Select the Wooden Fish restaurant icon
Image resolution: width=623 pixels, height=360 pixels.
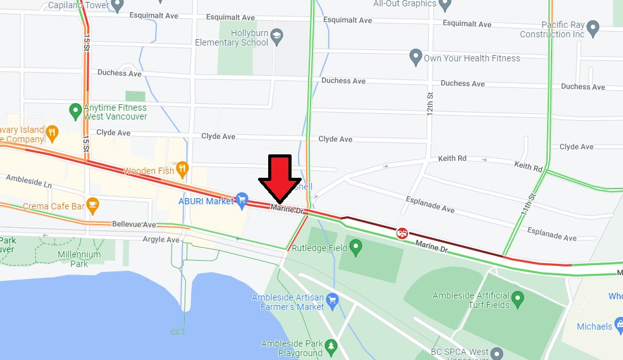[x=182, y=168]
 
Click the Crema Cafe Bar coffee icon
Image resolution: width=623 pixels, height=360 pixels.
[x=93, y=205]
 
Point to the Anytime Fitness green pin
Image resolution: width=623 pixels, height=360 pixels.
[x=75, y=111]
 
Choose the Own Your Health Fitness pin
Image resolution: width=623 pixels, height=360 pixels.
[x=416, y=58]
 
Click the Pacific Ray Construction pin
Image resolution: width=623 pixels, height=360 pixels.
[x=593, y=28]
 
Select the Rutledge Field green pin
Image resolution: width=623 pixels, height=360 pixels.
[x=356, y=247]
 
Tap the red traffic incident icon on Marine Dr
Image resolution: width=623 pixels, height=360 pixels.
[x=401, y=233]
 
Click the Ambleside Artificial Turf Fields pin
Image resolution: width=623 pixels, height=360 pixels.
[x=518, y=298]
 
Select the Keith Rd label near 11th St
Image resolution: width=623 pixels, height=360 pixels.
[x=528, y=167]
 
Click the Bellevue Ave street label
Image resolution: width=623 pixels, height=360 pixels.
[x=133, y=224]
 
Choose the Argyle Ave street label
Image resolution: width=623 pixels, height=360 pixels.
[x=161, y=240]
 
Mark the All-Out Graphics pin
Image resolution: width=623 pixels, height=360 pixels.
[x=445, y=5]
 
